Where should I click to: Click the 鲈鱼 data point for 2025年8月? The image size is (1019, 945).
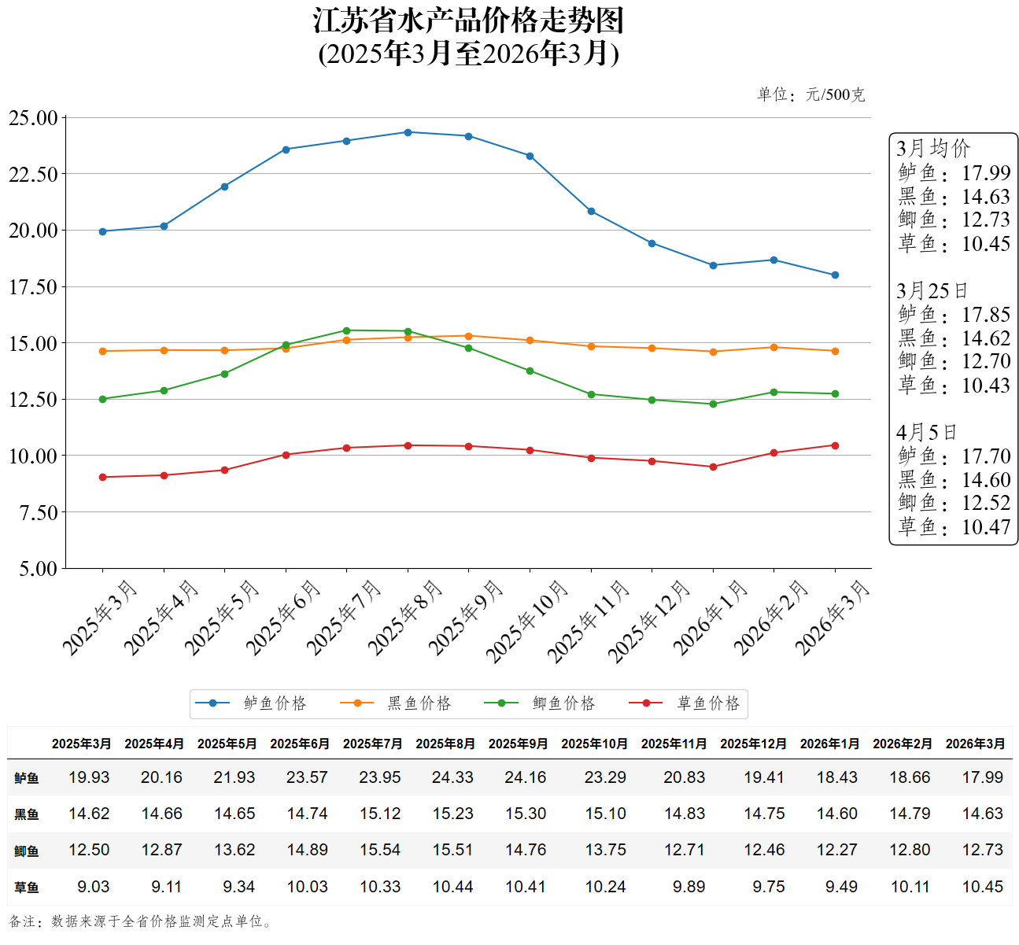(x=408, y=132)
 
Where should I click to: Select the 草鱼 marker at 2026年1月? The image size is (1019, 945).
(x=713, y=467)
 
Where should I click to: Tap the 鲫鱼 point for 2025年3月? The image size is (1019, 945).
(x=102, y=399)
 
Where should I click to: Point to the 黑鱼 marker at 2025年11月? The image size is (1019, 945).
(x=591, y=346)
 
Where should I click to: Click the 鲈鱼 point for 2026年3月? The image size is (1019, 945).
(x=835, y=275)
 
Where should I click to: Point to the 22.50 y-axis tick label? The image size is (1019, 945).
(x=33, y=175)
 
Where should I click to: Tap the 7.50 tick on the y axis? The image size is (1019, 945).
(x=38, y=513)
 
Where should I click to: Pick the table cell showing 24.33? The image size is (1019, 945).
(x=452, y=777)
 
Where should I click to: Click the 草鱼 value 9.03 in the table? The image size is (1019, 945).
(x=93, y=887)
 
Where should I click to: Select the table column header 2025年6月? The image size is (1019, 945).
(x=300, y=744)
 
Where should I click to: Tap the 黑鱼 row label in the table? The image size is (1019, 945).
(x=27, y=814)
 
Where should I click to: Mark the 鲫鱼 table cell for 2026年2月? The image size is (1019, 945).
(x=910, y=850)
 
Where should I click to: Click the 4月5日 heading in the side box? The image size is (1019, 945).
(x=926, y=433)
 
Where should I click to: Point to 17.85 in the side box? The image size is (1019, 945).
(x=986, y=315)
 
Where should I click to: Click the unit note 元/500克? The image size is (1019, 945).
(x=835, y=95)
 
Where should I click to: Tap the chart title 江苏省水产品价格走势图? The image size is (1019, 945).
(x=469, y=21)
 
